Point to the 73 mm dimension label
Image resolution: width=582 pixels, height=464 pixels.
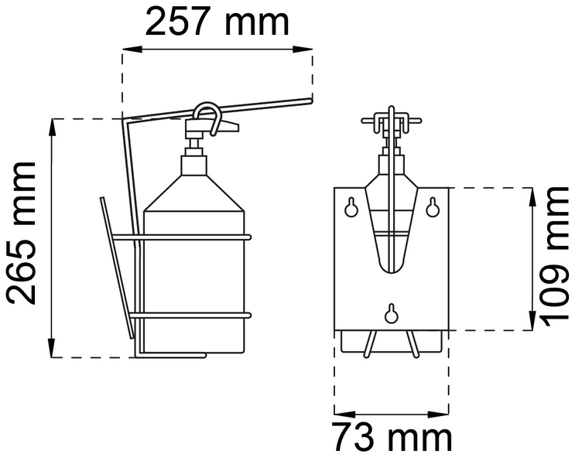[x=392, y=438]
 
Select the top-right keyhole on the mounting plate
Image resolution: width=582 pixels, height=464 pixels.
[x=434, y=206]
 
